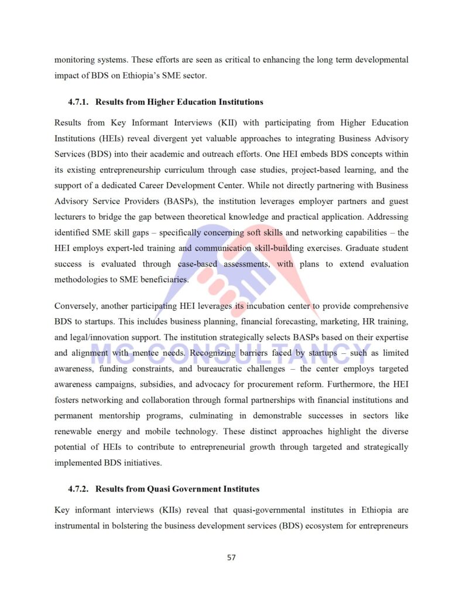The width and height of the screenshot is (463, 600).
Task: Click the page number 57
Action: [231, 557]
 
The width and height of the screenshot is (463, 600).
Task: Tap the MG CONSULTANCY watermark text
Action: [231, 354]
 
